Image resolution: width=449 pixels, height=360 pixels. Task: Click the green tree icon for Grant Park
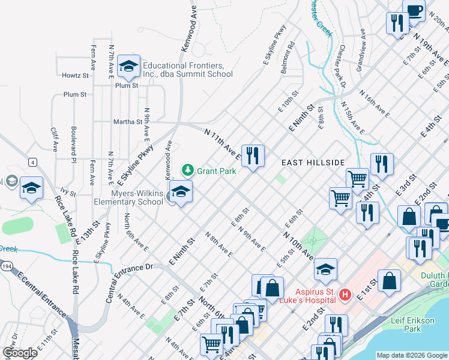pos(188,170)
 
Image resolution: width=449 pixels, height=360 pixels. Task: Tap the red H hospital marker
pos(345,295)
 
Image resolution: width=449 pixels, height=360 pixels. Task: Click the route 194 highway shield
pos(5,265)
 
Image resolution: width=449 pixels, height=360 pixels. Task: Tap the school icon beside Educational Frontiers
pos(128,67)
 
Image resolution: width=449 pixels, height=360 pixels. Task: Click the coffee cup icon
pos(414,9)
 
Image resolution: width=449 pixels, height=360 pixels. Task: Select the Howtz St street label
pos(75,76)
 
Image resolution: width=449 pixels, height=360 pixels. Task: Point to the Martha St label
pos(128,122)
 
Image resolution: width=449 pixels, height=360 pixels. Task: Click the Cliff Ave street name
pos(53,139)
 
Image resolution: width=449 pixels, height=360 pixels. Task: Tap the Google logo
pos(19,352)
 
